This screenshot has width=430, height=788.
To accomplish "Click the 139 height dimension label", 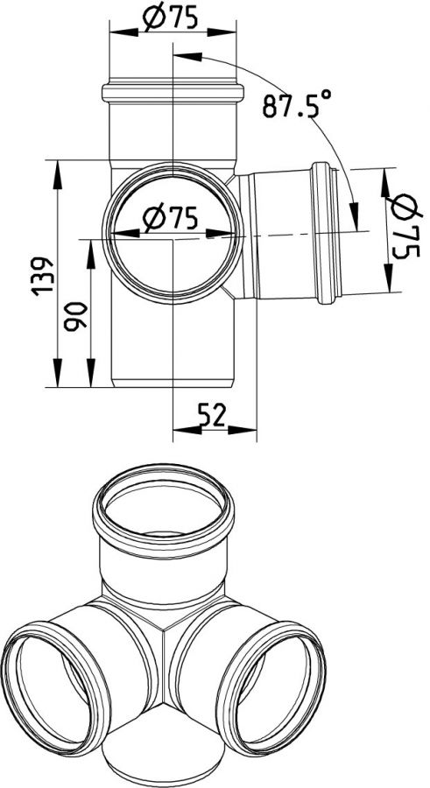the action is click(42, 276).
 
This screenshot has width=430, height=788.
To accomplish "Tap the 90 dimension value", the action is click(75, 316).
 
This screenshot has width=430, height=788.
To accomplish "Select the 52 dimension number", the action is click(212, 416).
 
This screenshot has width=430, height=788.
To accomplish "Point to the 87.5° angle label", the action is click(297, 104).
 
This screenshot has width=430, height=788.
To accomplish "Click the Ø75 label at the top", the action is click(170, 18).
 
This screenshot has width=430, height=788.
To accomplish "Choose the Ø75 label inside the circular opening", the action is click(170, 219).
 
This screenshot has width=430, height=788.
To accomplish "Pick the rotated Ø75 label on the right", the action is click(405, 226).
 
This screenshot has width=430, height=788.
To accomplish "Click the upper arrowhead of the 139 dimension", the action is click(57, 175).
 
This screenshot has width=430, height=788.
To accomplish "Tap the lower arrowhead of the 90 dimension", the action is click(91, 373).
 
